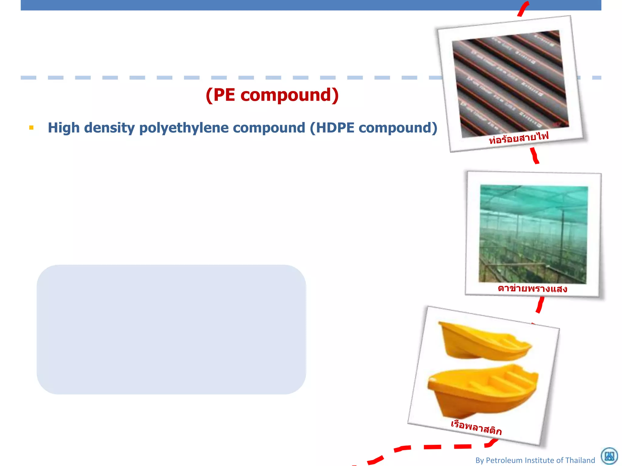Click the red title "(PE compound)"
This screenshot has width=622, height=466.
272,95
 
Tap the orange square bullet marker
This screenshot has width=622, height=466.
31,128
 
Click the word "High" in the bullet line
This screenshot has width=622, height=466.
63,128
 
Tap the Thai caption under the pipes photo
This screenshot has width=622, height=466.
519,137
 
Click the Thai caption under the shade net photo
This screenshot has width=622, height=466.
532,288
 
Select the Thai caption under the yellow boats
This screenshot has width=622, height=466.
476,427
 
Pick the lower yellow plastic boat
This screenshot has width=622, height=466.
483,390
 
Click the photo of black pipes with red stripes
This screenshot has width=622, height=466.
510,83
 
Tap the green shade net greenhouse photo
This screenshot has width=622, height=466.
533,234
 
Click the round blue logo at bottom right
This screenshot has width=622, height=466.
609,456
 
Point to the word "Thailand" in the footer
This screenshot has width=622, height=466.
580,460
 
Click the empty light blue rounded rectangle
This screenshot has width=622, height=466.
171,329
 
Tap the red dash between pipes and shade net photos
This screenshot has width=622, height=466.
534,156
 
